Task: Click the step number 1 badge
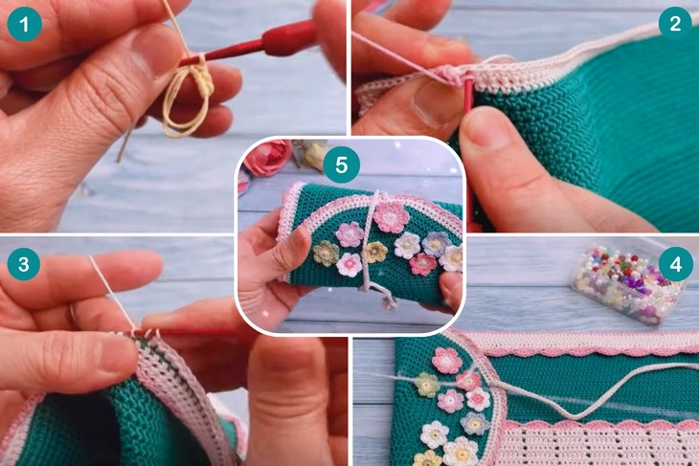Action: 25,24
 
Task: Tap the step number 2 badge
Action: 675,22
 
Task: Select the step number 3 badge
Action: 24,264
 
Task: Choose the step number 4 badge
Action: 676,264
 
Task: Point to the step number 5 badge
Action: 342,165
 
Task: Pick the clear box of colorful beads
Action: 628,285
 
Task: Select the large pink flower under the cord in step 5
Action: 391,217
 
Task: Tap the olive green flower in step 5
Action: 326,254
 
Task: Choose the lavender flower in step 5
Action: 437,244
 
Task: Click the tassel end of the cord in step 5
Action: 389,303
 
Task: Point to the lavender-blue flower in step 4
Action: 475,423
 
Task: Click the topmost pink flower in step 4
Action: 446,360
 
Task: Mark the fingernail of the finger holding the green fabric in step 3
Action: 120,356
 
